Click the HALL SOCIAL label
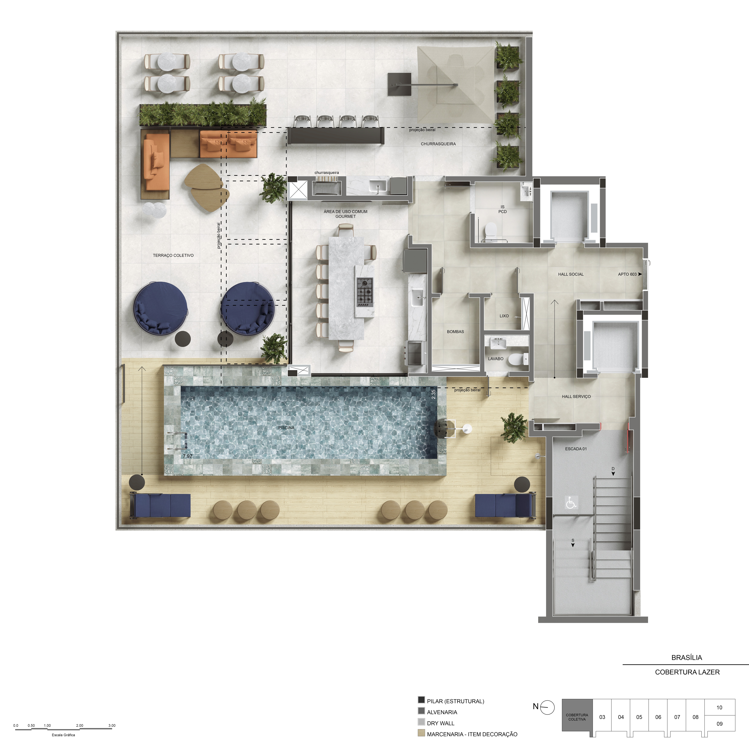pyautogui.click(x=571, y=274)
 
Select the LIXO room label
pyautogui.click(x=504, y=316)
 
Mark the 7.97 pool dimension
pyautogui.click(x=187, y=456)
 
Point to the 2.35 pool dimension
pyautogui.click(x=433, y=394)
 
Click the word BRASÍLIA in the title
pyautogui.click(x=687, y=658)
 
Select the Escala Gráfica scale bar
pyautogui.click(x=64, y=729)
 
